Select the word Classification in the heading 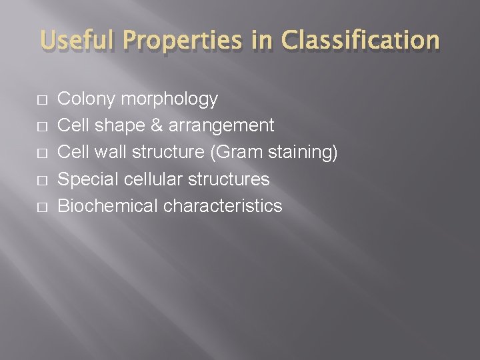pos(361,41)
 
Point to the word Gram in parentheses pos(230,153)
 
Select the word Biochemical pos(109,206)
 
